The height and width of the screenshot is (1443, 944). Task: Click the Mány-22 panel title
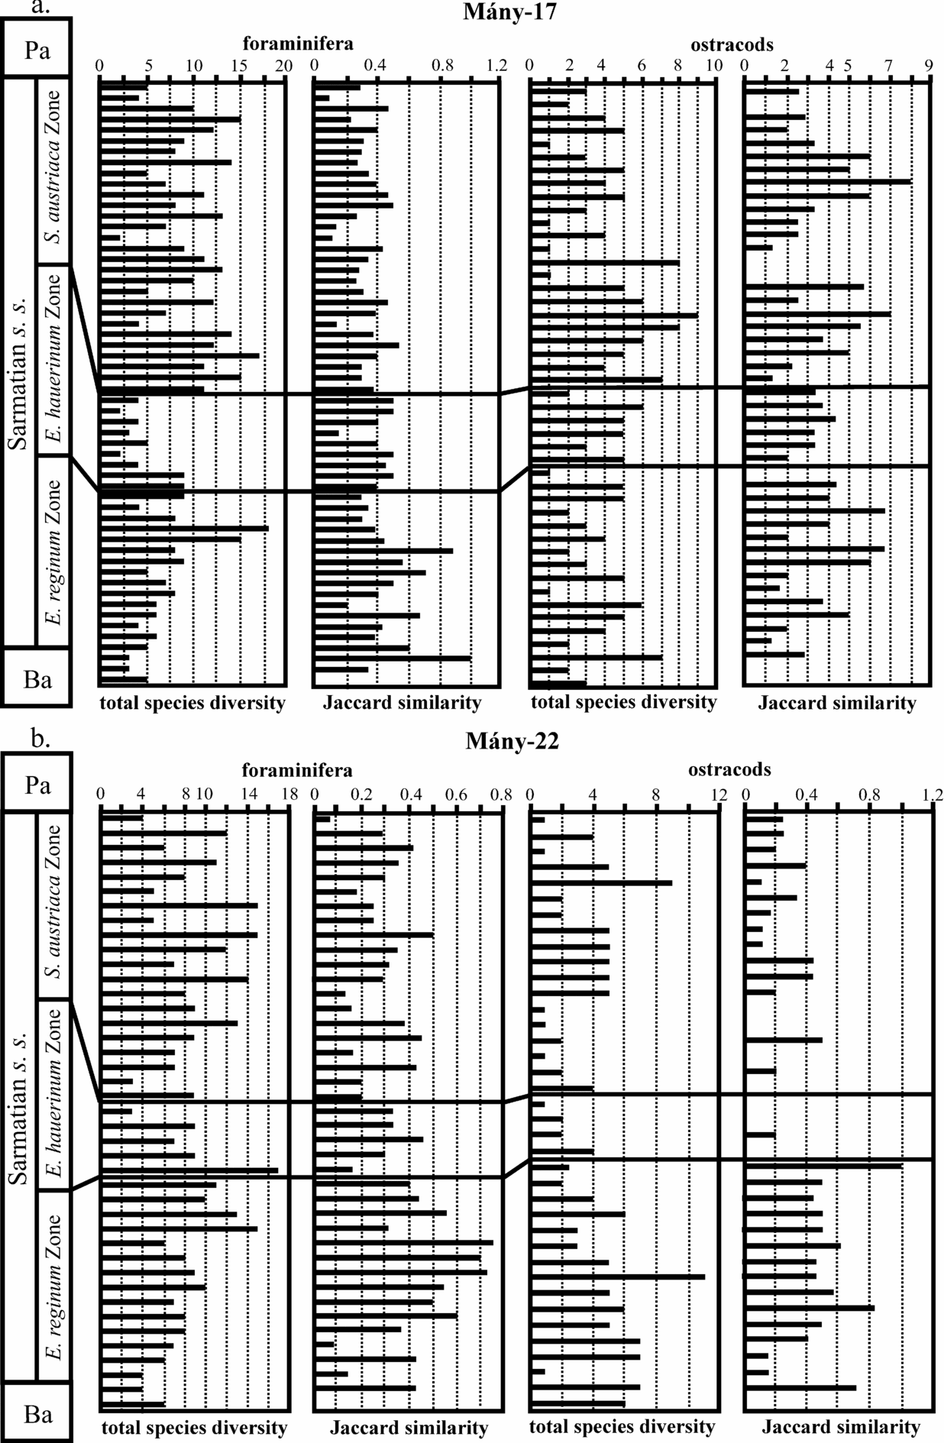[512, 740]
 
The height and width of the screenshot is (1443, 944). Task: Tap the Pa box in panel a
[37, 50]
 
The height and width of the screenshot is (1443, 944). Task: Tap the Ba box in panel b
[37, 1414]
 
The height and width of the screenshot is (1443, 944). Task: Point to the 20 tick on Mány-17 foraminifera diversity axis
[284, 66]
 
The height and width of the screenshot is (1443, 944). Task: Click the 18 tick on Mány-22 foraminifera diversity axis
[288, 794]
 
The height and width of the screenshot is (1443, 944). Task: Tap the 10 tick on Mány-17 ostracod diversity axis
[713, 66]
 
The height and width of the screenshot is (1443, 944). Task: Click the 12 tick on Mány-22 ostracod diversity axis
[718, 794]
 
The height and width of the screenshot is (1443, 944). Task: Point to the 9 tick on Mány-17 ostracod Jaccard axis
[929, 66]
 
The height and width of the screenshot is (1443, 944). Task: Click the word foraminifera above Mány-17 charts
[299, 44]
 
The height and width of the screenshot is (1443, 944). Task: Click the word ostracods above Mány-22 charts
[729, 769]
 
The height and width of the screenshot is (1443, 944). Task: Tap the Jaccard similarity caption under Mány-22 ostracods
[841, 1426]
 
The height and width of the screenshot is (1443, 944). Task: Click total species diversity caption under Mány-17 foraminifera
[192, 703]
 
